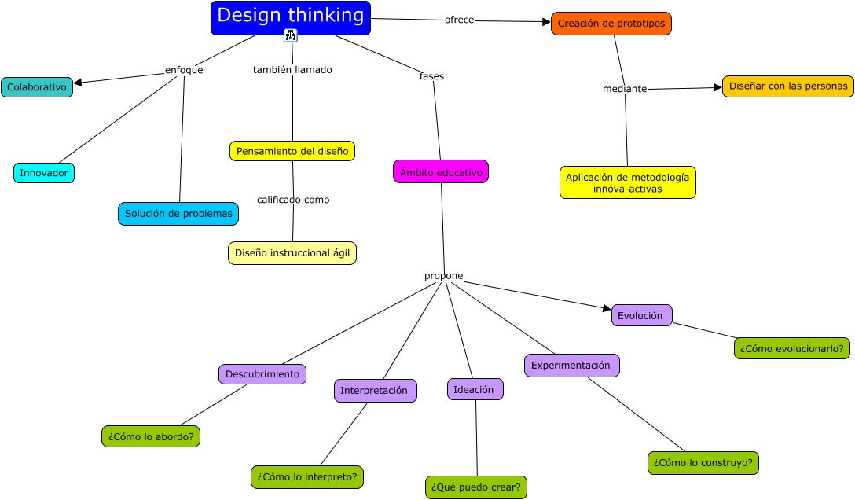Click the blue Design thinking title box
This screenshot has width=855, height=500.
[x=290, y=17]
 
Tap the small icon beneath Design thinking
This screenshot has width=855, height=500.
[x=291, y=35]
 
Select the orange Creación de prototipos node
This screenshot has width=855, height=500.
[x=611, y=24]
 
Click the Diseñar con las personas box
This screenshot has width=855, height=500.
[x=787, y=86]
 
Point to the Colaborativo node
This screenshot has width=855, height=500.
[x=37, y=87]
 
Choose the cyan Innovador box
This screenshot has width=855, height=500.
[x=44, y=172]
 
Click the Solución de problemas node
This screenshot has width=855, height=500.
[x=178, y=213]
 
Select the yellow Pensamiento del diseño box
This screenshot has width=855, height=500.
[x=292, y=151]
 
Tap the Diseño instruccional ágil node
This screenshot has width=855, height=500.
[x=292, y=253]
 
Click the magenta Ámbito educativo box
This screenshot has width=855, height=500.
[x=441, y=171]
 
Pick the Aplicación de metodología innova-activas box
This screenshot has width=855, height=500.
[x=628, y=182]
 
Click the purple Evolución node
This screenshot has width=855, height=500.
[x=641, y=315]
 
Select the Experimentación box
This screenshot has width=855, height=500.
[x=571, y=366]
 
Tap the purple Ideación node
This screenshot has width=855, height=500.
[x=475, y=389]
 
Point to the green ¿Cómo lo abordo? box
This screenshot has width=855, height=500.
[x=151, y=436]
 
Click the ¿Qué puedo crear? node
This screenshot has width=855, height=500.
[x=475, y=487]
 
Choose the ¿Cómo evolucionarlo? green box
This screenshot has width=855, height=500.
[x=792, y=347]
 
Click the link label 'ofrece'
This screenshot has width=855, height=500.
[x=460, y=20]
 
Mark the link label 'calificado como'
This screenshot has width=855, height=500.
[x=293, y=200]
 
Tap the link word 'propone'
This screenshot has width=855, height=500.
[x=444, y=276]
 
